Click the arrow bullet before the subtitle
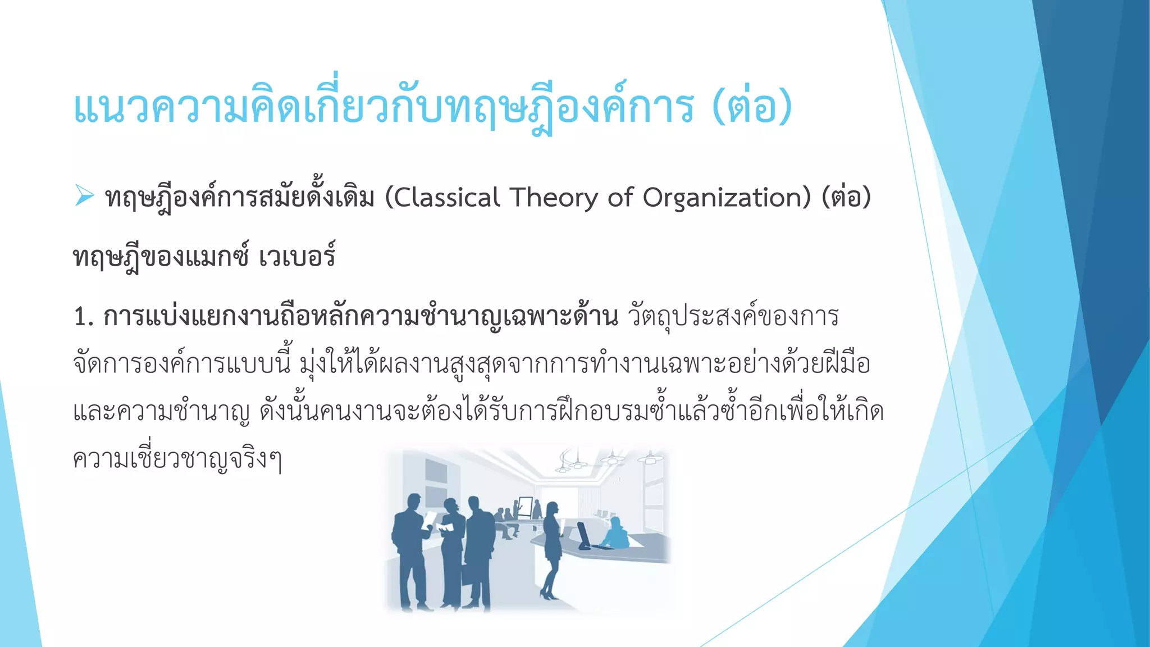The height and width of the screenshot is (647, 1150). [x=84, y=196]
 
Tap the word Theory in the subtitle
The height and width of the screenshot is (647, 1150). [x=554, y=198]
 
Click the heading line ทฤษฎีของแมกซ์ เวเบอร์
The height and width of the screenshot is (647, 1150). [x=204, y=257]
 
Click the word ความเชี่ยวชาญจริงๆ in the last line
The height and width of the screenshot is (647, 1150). [x=177, y=459]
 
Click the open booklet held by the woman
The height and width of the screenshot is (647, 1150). [x=445, y=527]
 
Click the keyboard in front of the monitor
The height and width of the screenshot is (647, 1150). [x=603, y=546]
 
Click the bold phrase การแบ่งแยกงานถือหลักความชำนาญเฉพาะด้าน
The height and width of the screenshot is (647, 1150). [x=360, y=317]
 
